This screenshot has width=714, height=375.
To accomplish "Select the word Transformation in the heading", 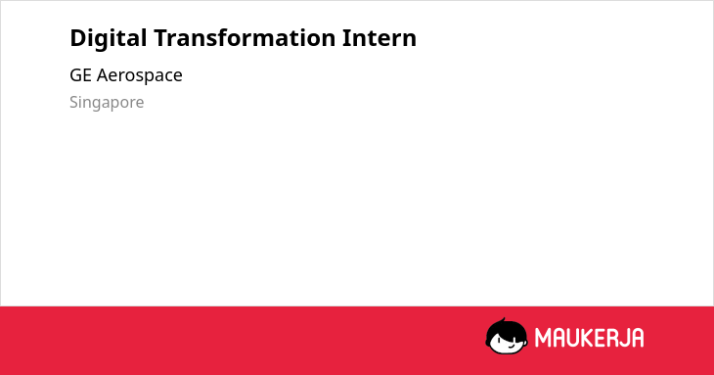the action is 245,38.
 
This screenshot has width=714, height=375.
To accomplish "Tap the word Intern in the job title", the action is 379,38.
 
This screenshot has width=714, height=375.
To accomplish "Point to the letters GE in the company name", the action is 80,75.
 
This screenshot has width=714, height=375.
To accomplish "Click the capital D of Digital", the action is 78,38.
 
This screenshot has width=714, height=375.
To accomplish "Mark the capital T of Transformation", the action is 161,38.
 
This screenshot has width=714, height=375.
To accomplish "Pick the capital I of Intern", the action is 346,38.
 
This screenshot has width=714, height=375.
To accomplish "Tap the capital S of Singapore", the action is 74,102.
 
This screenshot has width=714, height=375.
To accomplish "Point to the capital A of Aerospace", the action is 103,75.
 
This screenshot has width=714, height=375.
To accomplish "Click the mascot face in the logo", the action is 507,337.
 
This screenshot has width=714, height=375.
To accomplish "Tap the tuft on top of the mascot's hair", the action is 503,320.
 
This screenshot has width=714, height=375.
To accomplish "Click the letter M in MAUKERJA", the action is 543,338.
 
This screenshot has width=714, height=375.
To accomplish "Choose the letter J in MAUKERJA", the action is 624,338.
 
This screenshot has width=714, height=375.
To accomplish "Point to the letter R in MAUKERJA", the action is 610,338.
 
